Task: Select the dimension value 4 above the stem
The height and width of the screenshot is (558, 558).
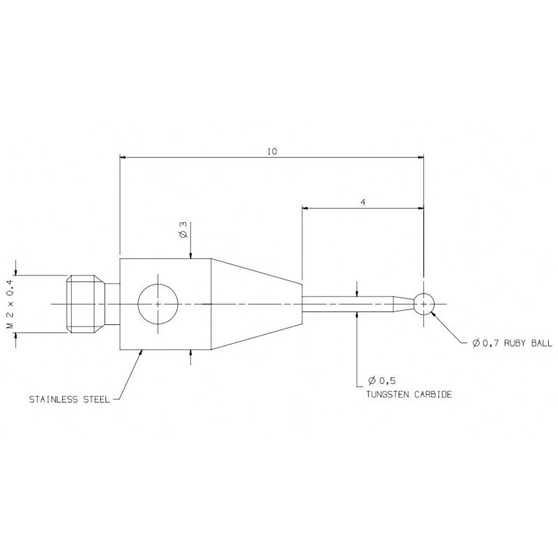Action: tap(363, 201)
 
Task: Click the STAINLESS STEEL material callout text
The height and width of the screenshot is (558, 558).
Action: tap(68, 400)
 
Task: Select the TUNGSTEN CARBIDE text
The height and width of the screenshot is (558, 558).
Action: tap(409, 394)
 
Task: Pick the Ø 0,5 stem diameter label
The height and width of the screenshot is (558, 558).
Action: tap(381, 381)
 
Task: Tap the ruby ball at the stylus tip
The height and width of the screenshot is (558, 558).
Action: tap(424, 303)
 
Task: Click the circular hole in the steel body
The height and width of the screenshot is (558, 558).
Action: tap(158, 304)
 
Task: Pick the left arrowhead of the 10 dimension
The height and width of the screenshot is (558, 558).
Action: tap(125, 158)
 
